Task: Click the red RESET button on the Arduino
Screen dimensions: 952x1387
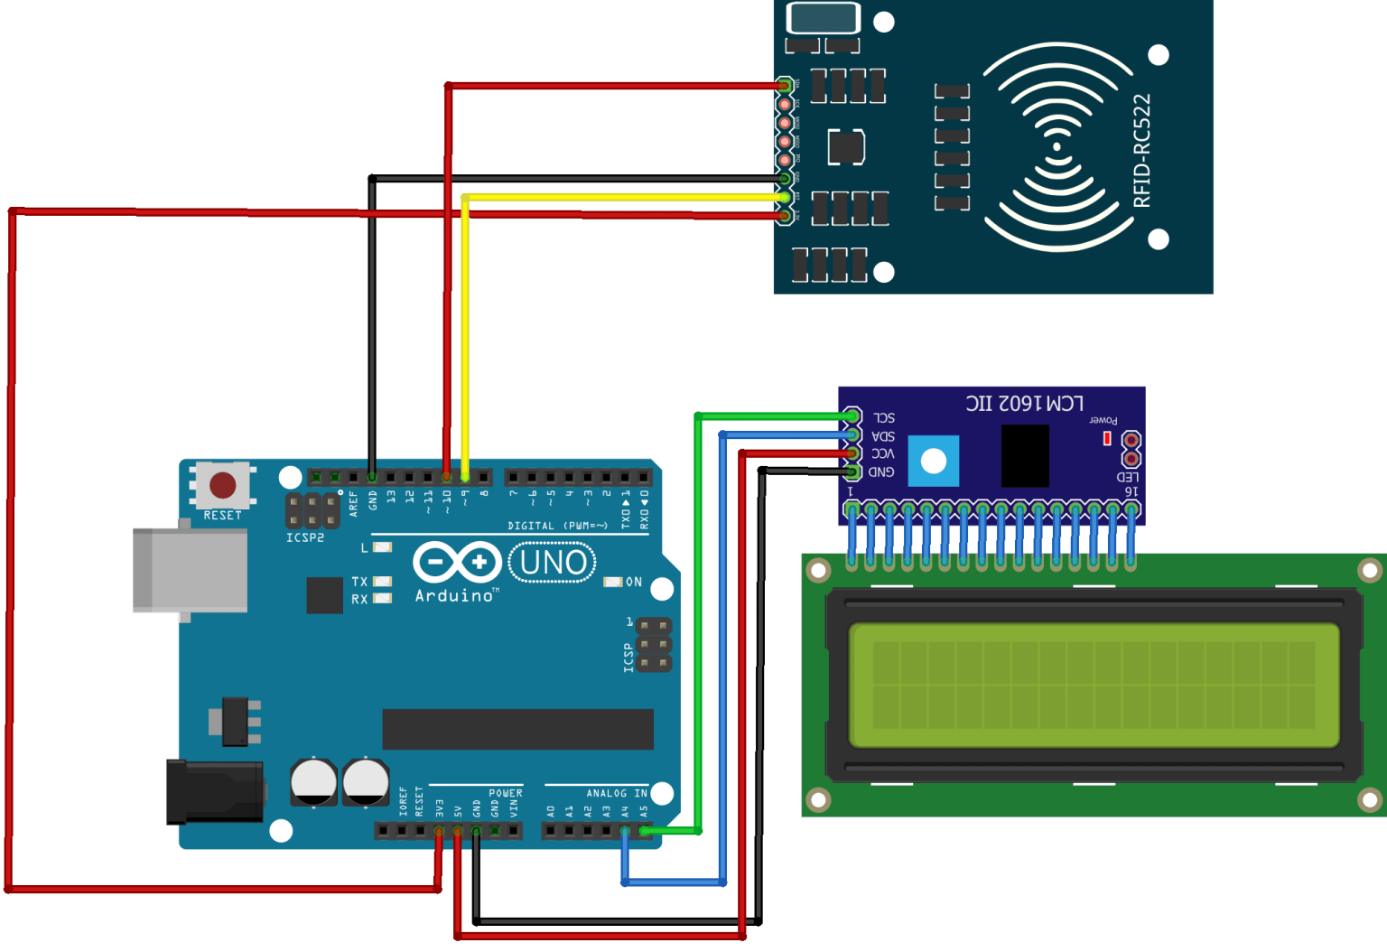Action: [x=223, y=485]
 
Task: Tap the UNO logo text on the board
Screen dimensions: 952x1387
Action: [x=553, y=563]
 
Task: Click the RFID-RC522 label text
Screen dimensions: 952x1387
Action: [x=1142, y=150]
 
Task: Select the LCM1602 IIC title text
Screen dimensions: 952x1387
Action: [x=1025, y=403]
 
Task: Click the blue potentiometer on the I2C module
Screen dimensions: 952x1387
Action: [x=933, y=461]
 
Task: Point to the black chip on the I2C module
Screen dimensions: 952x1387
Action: [x=1025, y=455]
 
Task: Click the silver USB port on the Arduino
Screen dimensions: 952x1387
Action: [x=190, y=570]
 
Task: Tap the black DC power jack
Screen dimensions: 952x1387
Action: [x=215, y=791]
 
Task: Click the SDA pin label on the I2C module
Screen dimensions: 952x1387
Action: [x=883, y=436]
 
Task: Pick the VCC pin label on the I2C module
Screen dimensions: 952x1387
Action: [x=883, y=453]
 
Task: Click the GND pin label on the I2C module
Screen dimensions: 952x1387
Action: [x=881, y=472]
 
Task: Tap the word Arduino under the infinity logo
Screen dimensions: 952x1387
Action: [x=454, y=596]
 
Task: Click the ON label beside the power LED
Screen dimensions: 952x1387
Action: [x=634, y=583]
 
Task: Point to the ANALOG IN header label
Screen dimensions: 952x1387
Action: [x=616, y=793]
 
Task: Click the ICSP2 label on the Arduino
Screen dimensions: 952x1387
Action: [x=304, y=537]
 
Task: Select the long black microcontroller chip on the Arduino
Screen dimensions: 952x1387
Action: [x=517, y=729]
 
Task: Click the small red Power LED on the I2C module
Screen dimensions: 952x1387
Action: [x=1107, y=438]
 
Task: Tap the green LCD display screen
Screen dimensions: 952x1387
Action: [x=1094, y=685]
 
